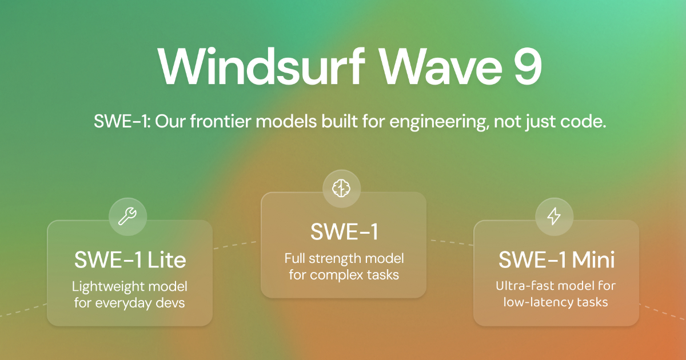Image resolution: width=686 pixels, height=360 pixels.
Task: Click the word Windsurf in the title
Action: [261, 66]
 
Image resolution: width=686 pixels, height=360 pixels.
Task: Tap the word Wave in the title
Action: [441, 66]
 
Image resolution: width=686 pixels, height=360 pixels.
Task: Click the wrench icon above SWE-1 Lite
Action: [127, 217]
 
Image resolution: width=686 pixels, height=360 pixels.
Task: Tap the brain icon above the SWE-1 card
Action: [341, 188]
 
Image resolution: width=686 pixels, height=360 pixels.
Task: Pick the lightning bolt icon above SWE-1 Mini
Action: [554, 217]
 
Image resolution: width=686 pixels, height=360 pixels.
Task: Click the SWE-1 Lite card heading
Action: [130, 260]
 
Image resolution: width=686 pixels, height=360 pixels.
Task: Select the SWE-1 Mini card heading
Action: [556, 260]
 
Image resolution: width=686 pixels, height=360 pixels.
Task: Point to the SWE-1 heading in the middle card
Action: [344, 232]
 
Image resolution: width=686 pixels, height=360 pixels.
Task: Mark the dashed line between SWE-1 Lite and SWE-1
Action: [235, 245]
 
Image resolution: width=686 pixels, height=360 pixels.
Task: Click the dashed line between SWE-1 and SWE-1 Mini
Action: [452, 242]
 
